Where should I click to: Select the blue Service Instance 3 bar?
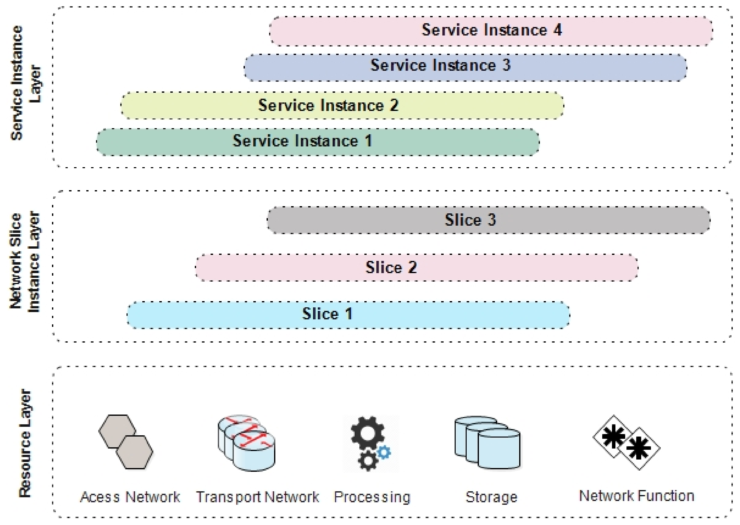click(465, 67)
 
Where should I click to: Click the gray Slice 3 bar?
click(489, 220)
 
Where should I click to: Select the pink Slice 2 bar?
click(416, 267)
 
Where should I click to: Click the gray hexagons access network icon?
click(126, 442)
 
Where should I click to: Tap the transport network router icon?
click(247, 443)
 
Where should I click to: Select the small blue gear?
click(384, 452)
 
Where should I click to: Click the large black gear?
click(368, 432)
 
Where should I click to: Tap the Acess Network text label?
click(130, 497)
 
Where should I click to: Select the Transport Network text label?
click(258, 497)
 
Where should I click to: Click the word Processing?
click(372, 497)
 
